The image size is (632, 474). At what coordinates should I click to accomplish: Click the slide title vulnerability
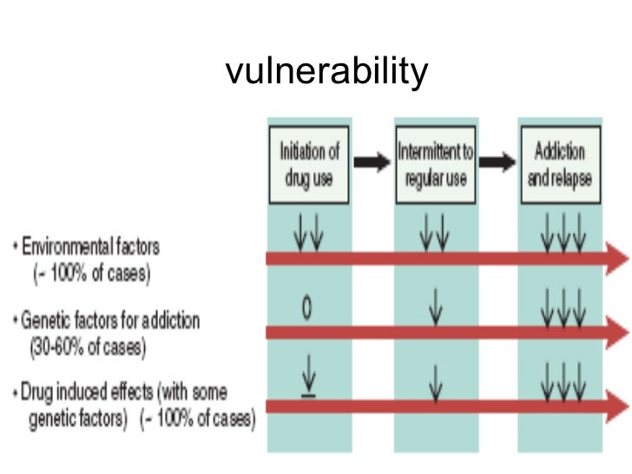pyautogui.click(x=326, y=70)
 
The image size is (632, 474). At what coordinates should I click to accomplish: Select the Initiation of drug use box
pyautogui.click(x=308, y=165)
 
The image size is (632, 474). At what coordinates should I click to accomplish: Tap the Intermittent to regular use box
pyautogui.click(x=436, y=165)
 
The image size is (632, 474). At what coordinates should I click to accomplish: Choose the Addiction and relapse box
pyautogui.click(x=561, y=165)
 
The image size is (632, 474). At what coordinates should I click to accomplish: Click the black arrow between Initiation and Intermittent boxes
pyautogui.click(x=372, y=164)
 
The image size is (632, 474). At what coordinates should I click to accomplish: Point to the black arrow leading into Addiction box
pyautogui.click(x=498, y=164)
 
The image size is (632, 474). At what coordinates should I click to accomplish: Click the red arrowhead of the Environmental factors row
pyautogui.click(x=617, y=258)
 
